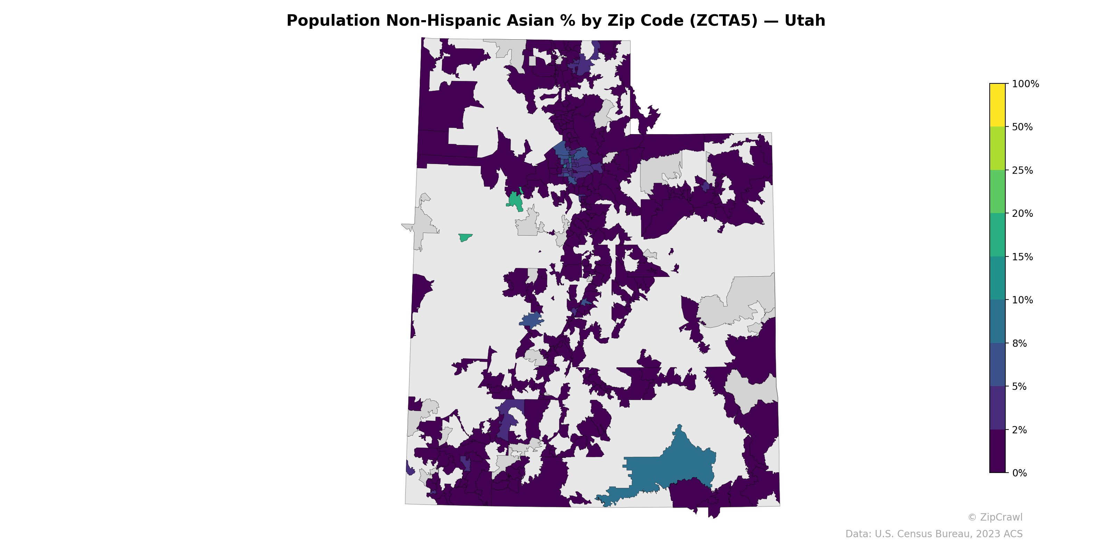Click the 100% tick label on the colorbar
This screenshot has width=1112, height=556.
[x=1025, y=84]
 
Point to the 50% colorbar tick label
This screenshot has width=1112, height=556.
[x=1022, y=127]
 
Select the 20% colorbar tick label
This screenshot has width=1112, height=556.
[x=1022, y=213]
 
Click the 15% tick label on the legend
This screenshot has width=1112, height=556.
[x=1022, y=257]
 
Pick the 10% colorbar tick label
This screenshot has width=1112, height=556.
[x=1022, y=300]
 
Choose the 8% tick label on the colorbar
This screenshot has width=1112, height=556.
[x=1019, y=343]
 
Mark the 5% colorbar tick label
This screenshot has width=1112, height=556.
[x=1019, y=386]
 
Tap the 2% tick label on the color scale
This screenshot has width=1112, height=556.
[x=1019, y=430]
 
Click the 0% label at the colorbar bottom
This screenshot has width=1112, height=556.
[x=1019, y=473]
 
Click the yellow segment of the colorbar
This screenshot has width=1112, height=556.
[x=997, y=105]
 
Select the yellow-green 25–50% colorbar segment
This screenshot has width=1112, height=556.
[x=997, y=148]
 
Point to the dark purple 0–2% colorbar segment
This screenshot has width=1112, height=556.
[x=997, y=451]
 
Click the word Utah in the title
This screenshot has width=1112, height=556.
[x=805, y=21]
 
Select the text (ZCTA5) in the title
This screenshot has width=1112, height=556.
[x=724, y=21]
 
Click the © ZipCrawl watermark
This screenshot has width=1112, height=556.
[x=995, y=517]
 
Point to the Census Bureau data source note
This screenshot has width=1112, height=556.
[x=934, y=534]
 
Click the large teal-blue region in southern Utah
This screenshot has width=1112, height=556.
[x=673, y=468]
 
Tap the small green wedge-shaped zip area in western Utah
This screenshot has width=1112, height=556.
[x=465, y=237]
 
